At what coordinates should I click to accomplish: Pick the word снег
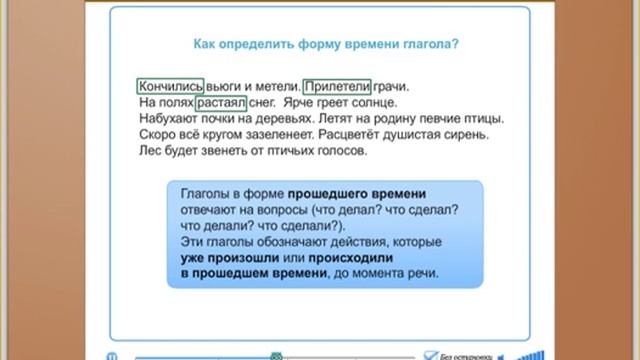pos(262,102)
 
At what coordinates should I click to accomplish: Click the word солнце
pos(376,102)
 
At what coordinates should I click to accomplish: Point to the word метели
pos(269,87)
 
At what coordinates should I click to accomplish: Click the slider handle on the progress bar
pos(276,355)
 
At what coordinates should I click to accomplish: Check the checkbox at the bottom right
pos(428,354)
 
